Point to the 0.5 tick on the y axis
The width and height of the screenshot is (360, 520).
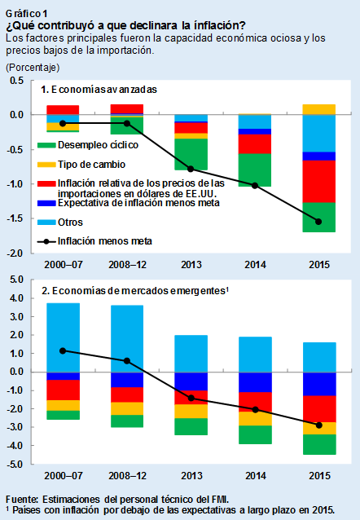pos(15,80)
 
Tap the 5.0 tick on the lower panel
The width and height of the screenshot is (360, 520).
pos(15,280)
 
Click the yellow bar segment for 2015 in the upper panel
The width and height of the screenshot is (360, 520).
pos(318,109)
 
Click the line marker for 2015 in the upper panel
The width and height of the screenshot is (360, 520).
pos(318,222)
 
